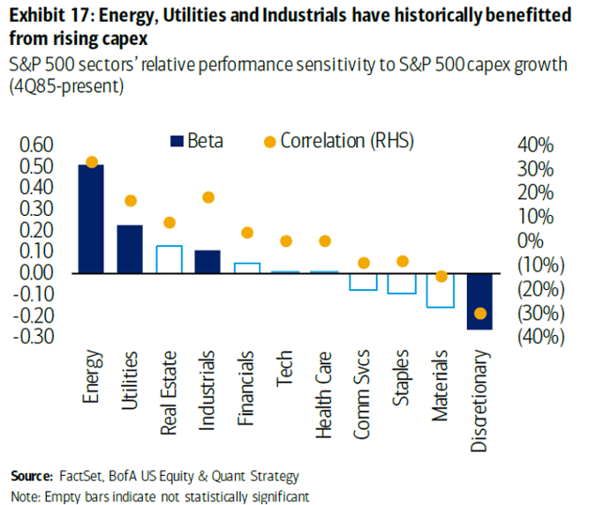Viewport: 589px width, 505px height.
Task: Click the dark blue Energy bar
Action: point(91,219)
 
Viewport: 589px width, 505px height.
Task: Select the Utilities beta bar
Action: point(130,249)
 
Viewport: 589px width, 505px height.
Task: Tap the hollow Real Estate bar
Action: point(169,259)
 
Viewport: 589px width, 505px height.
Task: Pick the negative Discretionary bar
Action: point(480,300)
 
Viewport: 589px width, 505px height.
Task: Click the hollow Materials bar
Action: point(441,290)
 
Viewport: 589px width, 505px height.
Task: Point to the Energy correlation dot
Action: point(91,162)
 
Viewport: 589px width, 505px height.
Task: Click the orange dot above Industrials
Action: point(209,197)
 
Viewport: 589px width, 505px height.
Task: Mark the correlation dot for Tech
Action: point(287,241)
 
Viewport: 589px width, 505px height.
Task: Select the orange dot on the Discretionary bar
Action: point(480,314)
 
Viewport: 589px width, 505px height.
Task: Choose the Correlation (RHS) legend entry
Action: point(337,141)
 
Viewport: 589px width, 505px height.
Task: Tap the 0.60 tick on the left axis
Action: point(37,145)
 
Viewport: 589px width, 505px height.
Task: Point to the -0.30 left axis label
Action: point(35,336)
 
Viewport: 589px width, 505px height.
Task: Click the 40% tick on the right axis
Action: point(536,145)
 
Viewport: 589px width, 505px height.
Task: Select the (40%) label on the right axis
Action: point(536,336)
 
